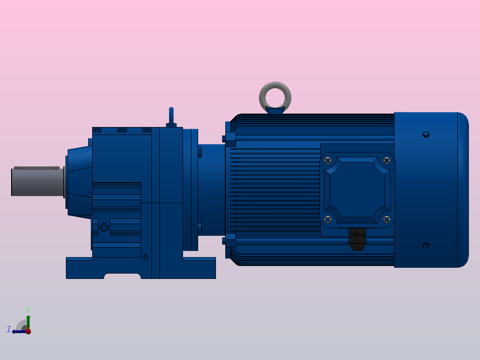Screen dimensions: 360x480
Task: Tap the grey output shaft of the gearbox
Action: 38,181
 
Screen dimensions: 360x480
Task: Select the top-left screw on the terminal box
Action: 329,160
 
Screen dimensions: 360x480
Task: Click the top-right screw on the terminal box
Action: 386,160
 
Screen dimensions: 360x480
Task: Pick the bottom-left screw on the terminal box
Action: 329,219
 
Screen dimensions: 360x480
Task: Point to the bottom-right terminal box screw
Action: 386,219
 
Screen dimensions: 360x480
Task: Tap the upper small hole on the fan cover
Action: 426,134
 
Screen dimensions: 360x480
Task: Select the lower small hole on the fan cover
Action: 426,245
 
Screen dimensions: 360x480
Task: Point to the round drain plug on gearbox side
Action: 104,227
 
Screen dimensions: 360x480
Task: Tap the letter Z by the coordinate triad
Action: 9,329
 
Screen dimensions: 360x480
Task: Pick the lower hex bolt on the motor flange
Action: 230,241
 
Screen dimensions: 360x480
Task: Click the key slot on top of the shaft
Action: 37,168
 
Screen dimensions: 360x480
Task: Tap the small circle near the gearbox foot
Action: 145,257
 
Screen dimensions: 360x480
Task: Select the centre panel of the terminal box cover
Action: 358,189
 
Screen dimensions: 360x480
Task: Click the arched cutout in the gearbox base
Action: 122,276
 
